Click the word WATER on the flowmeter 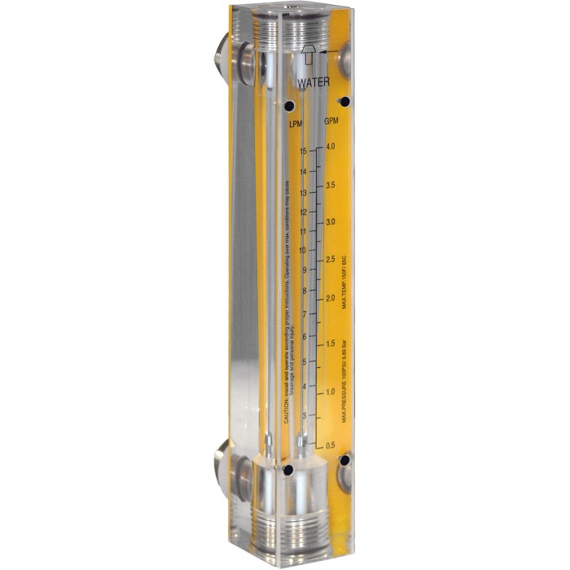tap(313, 83)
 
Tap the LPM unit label tap(295, 122)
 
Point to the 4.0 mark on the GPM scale tap(331, 147)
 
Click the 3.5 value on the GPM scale tap(331, 186)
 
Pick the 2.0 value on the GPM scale tap(331, 299)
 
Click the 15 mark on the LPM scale tap(303, 151)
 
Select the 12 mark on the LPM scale tap(303, 212)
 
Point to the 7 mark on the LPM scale tap(304, 313)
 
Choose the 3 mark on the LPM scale tap(304, 416)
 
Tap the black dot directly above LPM tap(288, 106)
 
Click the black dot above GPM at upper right tap(344, 101)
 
